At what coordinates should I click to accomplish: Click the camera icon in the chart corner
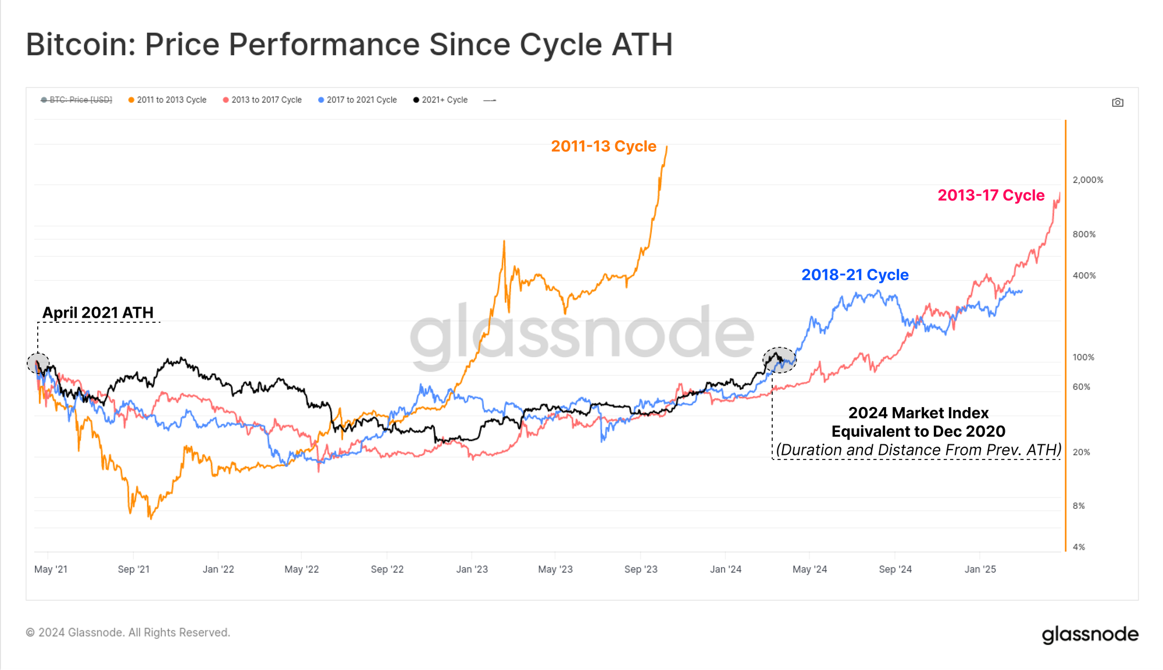coord(1117,102)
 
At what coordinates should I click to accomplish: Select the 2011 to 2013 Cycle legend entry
coord(167,100)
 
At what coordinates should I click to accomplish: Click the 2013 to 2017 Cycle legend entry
coord(262,100)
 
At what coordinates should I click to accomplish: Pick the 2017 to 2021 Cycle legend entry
coord(358,100)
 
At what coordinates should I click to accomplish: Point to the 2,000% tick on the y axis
coord(1087,180)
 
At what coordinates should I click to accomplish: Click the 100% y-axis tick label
coord(1083,357)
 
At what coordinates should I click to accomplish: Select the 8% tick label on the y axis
coord(1078,506)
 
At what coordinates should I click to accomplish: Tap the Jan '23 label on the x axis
coord(472,569)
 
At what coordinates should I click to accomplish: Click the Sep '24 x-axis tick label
coord(895,569)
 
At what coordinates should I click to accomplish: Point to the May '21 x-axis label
coord(51,569)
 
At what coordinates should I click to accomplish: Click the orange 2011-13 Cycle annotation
coord(603,146)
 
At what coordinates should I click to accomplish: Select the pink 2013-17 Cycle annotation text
coord(990,195)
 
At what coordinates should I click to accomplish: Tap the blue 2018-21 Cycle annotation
coord(854,275)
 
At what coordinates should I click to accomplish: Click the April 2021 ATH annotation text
coord(98,313)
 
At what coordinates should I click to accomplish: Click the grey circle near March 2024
coord(779,360)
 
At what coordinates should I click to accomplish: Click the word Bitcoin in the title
coord(80,45)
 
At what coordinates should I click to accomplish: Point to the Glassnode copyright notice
coord(128,632)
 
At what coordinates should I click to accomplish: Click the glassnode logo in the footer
coord(1090,634)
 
